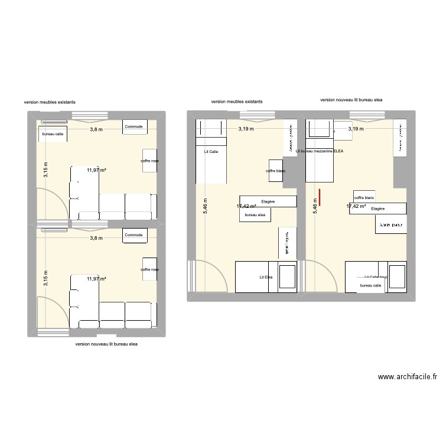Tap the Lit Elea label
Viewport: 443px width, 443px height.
click(x=265, y=277)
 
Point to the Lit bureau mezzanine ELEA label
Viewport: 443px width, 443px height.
click(x=319, y=151)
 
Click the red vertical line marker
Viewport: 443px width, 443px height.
click(x=320, y=198)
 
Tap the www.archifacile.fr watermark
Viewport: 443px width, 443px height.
click(x=407, y=376)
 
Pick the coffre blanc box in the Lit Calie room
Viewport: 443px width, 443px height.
click(x=276, y=171)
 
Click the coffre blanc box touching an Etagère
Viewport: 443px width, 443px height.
click(x=364, y=198)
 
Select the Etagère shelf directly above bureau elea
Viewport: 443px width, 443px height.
click(x=268, y=201)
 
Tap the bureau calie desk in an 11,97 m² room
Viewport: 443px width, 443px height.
click(x=53, y=135)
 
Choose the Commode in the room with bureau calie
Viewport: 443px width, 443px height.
click(x=133, y=126)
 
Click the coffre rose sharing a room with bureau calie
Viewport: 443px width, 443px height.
click(x=149, y=161)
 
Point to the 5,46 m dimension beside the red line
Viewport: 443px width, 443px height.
click(x=315, y=205)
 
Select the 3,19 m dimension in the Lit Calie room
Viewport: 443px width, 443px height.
click(x=246, y=129)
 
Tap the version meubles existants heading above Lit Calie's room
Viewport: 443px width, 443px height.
click(x=237, y=102)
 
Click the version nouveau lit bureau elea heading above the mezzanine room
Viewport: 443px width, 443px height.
click(x=351, y=100)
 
